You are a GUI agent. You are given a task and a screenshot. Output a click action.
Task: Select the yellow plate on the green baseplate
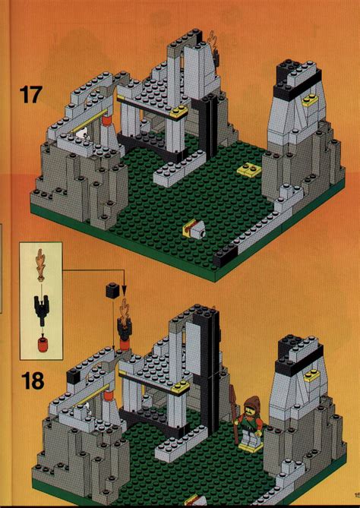(x=249, y=169)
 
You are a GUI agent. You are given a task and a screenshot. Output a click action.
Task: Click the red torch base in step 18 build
(x=123, y=342)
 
